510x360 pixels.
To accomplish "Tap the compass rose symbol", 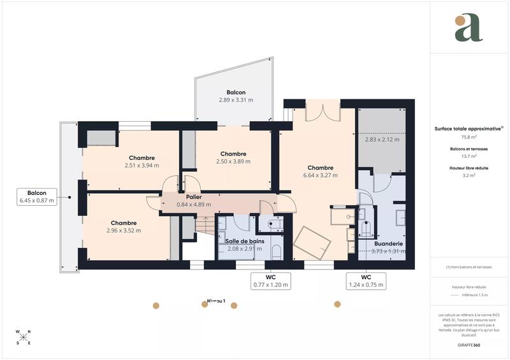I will pos(23,338).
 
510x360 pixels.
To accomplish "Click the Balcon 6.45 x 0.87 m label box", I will pos(37,196).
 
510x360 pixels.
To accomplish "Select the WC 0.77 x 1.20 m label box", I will pos(271,281).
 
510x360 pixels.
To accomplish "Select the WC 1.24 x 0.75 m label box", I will pos(365,281).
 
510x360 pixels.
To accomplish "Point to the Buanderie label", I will pos(388,243).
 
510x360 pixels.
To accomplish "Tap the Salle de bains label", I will pos(244,241).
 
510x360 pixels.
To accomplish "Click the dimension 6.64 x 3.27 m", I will pos(320,175).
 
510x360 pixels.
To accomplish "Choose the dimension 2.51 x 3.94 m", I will pos(142,166).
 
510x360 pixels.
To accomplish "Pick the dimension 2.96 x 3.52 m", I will pos(124,231).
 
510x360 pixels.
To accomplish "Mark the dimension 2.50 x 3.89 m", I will pos(233,162).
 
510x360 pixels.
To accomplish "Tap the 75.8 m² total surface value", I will pos(469,136).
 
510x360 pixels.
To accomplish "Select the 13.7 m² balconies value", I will pos(469,155).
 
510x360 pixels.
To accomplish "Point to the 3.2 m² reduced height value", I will pos(469,175).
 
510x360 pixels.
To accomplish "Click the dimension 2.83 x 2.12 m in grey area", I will pos(382,140).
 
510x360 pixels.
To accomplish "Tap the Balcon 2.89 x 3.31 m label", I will pos(236,96).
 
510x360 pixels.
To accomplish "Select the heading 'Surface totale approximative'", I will pos(467,128).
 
